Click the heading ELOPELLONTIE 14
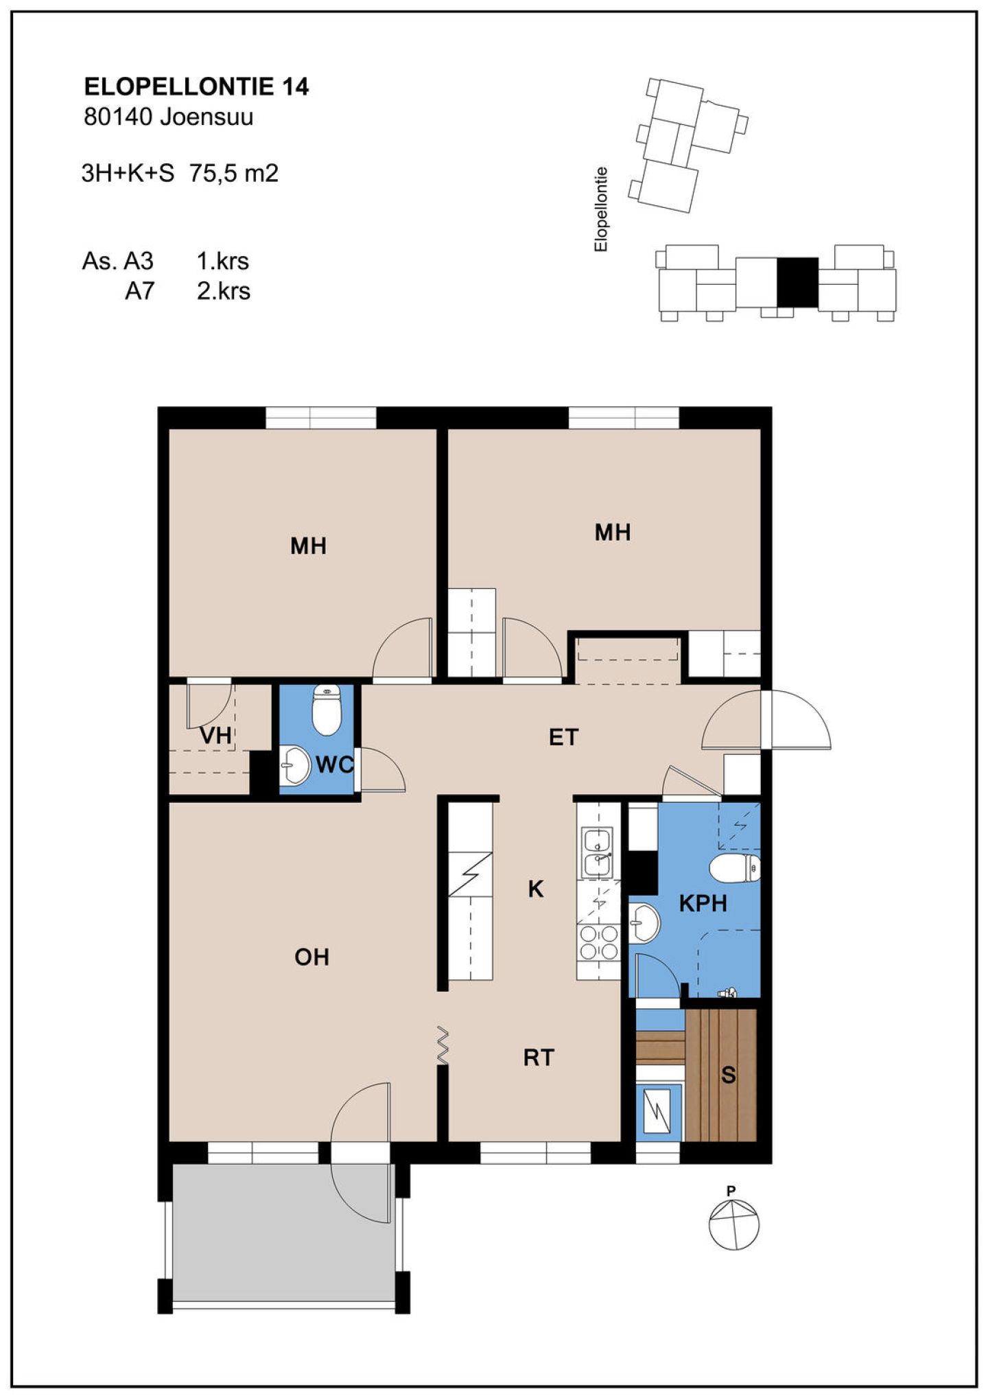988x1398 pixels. pos(196,87)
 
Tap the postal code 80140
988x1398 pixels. pos(117,117)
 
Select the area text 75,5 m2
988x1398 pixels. pos(234,174)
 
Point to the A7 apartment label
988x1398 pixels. pos(139,291)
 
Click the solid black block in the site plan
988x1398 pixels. pos(797,282)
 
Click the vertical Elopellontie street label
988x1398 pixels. pos(601,209)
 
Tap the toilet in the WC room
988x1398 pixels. pos(326,709)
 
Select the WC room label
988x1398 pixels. pos(334,765)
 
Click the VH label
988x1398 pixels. pos(215,736)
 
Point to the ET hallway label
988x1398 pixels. pos(563,737)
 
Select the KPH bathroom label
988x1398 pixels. pos(703,903)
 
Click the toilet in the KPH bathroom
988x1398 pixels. pos(735,868)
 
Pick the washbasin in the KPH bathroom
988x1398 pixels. pos(644,923)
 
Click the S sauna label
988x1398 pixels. pos(728,1075)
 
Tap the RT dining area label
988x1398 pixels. pos(538,1058)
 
